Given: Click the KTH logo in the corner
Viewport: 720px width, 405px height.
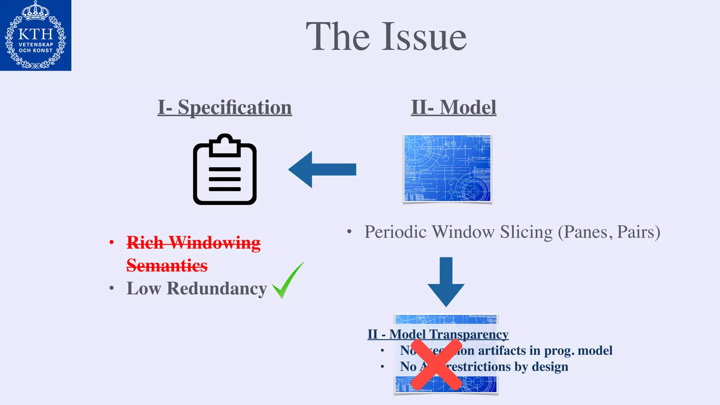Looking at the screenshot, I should [36, 35].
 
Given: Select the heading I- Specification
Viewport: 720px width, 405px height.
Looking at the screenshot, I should [225, 107].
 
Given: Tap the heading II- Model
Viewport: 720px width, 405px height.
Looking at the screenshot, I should [454, 107].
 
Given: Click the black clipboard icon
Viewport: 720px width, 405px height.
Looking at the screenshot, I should [225, 169].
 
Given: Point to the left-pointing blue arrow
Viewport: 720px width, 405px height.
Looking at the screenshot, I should [322, 169].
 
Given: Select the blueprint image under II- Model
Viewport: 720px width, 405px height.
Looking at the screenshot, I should [447, 168].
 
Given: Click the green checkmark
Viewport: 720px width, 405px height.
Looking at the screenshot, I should [288, 281].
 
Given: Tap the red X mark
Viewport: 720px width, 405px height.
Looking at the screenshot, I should [436, 365].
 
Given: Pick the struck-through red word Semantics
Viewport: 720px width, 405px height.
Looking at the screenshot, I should [167, 265].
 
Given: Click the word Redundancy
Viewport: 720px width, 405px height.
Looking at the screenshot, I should [217, 289].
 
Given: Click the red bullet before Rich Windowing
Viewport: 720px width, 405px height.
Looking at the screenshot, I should [111, 243].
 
